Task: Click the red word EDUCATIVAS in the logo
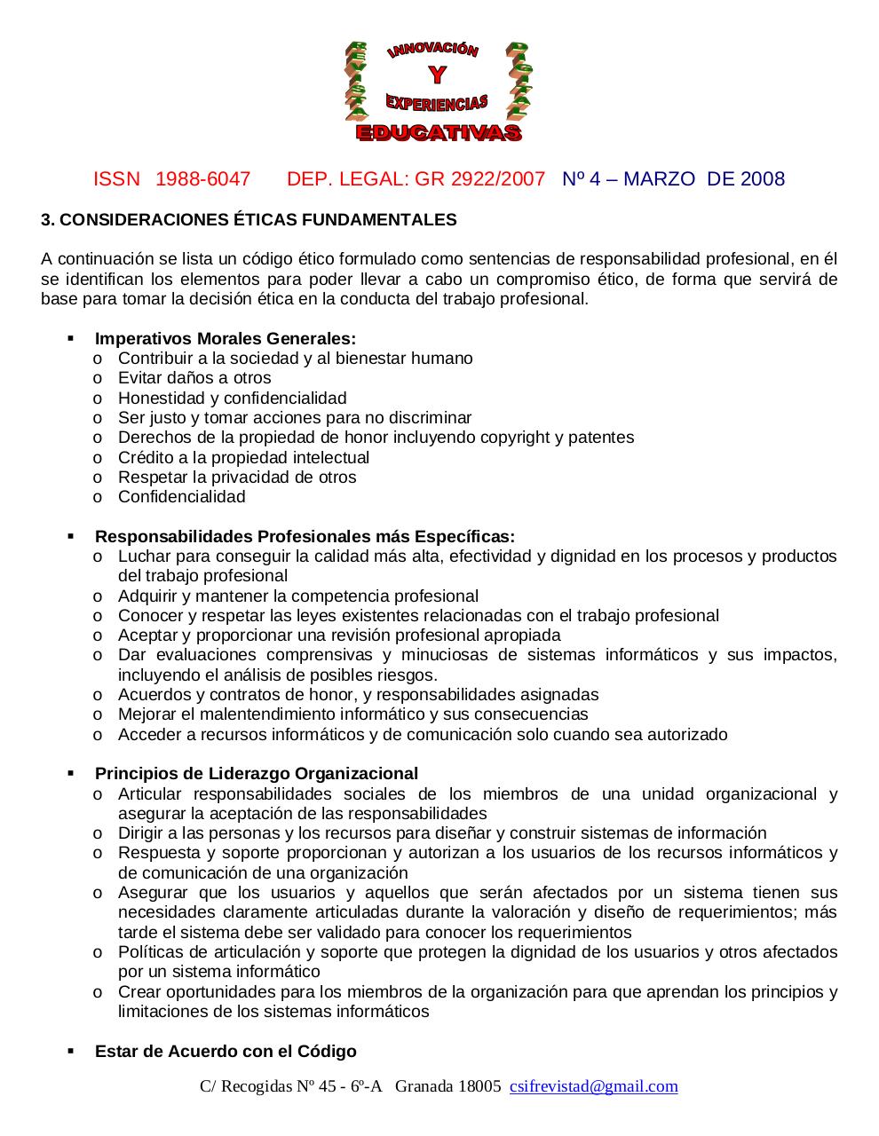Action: coord(439,133)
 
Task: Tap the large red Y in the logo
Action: coord(437,76)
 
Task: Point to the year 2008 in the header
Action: coord(762,179)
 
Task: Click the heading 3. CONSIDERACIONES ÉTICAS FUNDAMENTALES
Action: coord(249,220)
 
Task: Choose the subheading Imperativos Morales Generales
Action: coord(226,339)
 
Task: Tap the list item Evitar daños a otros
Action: coord(194,378)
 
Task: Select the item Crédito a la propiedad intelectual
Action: coord(243,458)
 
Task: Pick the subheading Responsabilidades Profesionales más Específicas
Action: coord(305,537)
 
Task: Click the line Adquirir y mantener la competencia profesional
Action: coord(297,596)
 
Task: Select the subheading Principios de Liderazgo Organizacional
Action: coord(257,774)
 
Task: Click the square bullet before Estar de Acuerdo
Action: coord(71,1051)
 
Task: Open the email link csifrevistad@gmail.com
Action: coord(593,1086)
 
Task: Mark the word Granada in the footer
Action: coord(423,1086)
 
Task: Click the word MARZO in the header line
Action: coord(659,179)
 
